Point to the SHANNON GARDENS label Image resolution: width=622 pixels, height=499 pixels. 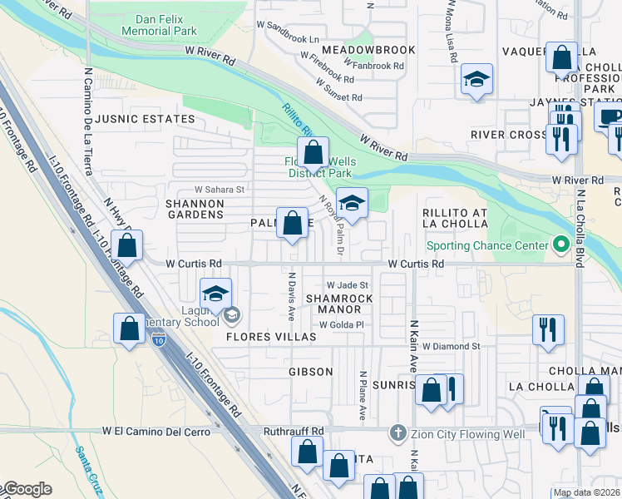(195, 209)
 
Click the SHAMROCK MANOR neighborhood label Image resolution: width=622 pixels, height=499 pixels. (334, 304)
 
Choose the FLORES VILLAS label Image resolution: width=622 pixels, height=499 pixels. (271, 337)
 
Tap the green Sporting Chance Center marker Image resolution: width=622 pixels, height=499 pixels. (560, 245)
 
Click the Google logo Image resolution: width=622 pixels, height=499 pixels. (27, 489)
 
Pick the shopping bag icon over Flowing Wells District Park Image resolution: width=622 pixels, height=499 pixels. (313, 153)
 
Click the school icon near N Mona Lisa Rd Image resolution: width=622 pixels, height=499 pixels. (475, 80)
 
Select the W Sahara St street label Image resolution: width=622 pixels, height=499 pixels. (220, 190)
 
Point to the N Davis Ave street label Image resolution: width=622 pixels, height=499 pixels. (292, 296)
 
